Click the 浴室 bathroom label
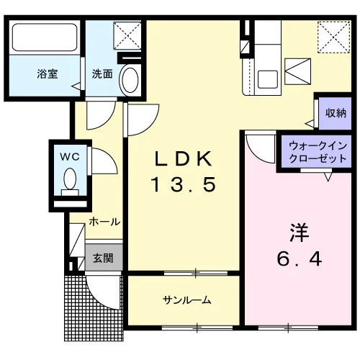(x=48, y=73)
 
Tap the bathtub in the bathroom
(x=45, y=37)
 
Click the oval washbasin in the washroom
(x=130, y=80)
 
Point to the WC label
(x=70, y=157)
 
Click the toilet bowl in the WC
(x=70, y=179)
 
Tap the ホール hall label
(x=104, y=222)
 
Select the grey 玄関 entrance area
(x=104, y=258)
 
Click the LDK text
(x=184, y=158)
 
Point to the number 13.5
(x=184, y=184)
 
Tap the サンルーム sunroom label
(x=186, y=300)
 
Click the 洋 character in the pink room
(x=299, y=233)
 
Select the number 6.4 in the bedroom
(x=299, y=258)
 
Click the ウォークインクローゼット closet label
(x=318, y=152)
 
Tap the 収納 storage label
(x=336, y=113)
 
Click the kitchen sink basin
(x=267, y=79)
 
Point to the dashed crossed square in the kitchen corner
(x=333, y=37)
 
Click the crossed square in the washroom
(x=127, y=36)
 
